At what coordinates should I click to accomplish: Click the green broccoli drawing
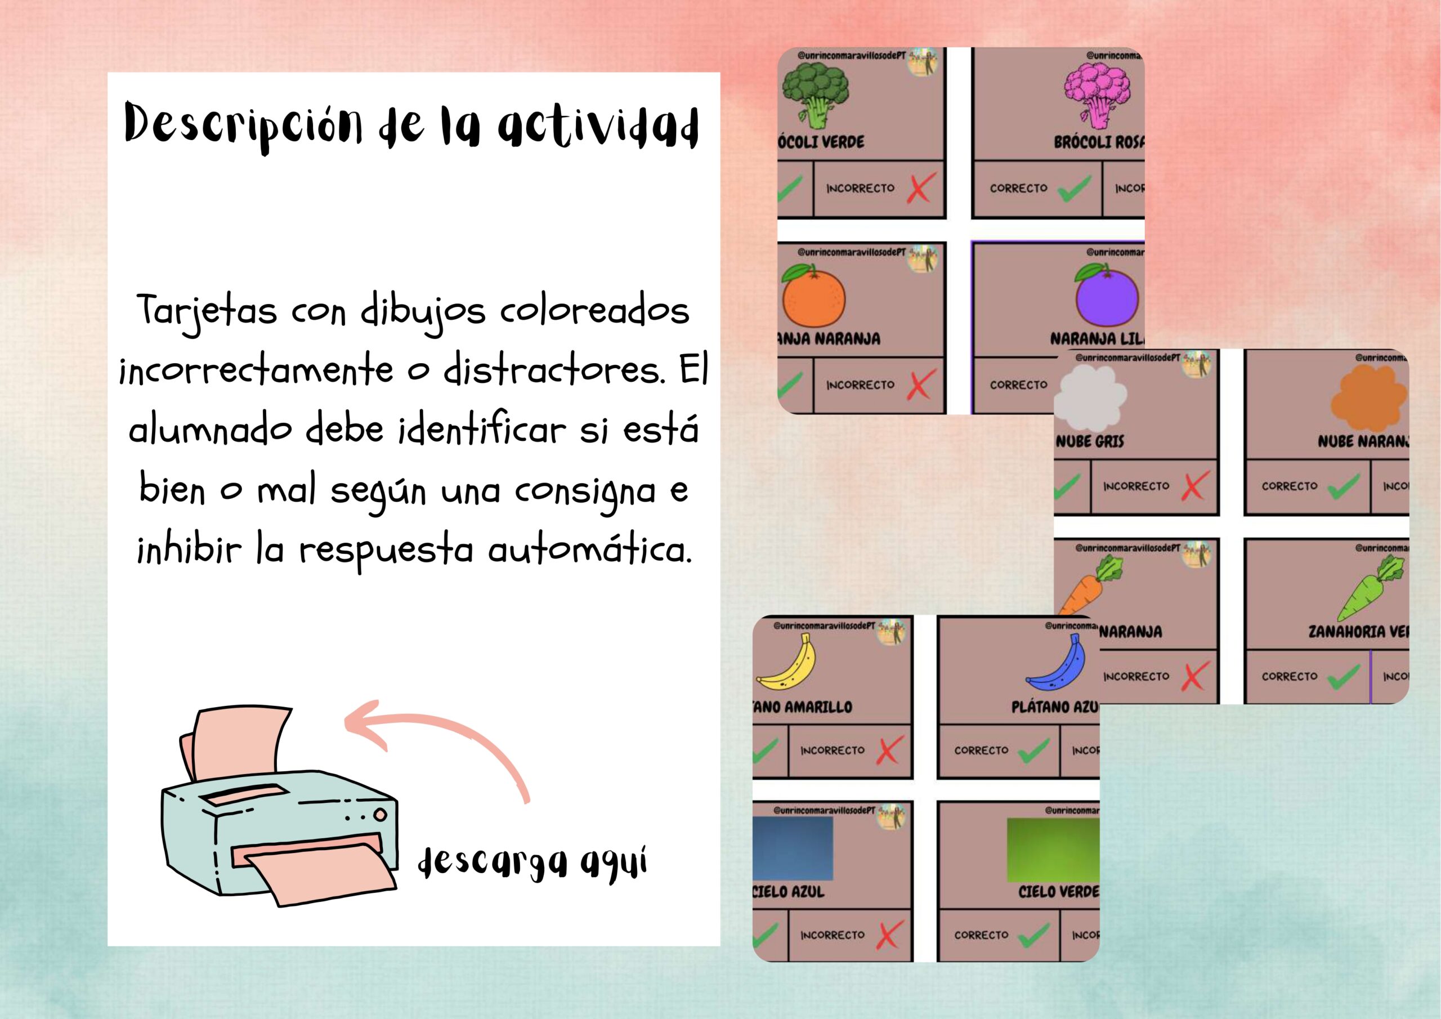click(x=815, y=94)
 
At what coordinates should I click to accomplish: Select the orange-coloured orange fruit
click(x=814, y=297)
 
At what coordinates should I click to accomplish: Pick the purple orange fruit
click(x=1107, y=297)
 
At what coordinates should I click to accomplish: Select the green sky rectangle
click(x=1053, y=850)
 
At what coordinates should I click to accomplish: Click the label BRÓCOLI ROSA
click(x=1098, y=142)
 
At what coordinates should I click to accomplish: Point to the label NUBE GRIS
click(x=1090, y=442)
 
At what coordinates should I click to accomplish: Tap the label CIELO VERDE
click(x=1058, y=892)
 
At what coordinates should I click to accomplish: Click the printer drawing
click(x=280, y=810)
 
